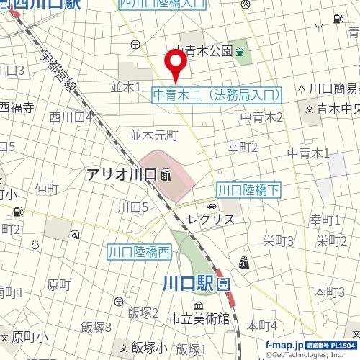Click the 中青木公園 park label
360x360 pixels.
click(204, 51)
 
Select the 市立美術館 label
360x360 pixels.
click(199, 319)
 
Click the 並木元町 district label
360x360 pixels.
click(153, 135)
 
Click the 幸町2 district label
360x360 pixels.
click(243, 148)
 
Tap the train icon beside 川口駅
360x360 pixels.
click(222, 284)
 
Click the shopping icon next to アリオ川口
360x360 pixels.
click(166, 174)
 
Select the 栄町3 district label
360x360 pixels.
click(278, 240)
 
